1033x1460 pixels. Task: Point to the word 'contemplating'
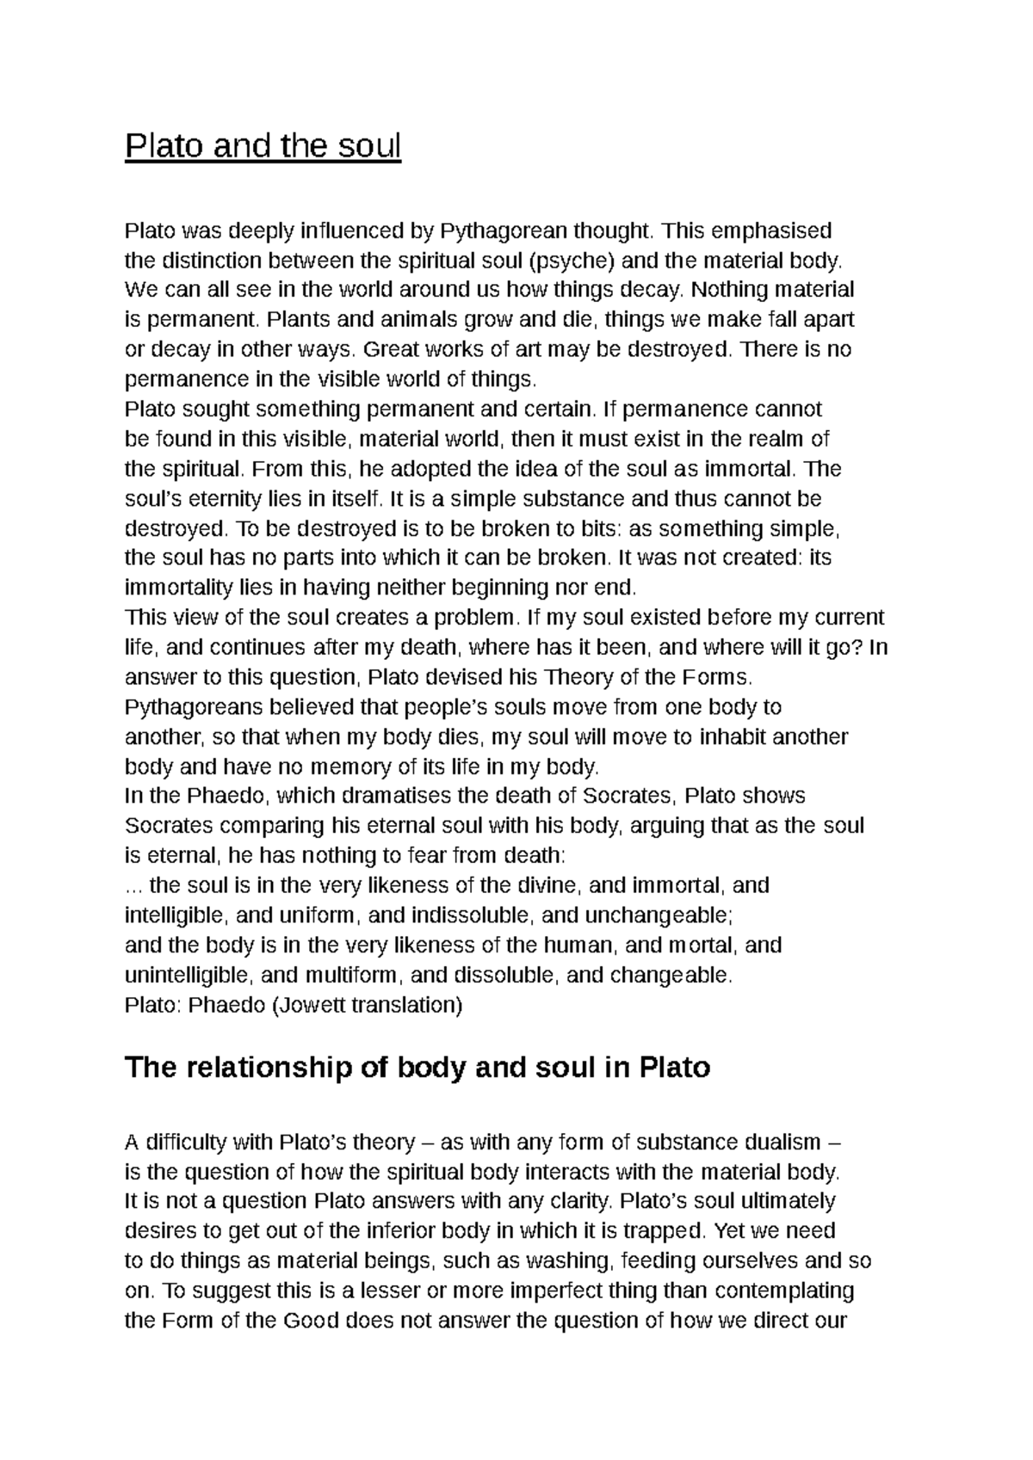[784, 1291]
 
